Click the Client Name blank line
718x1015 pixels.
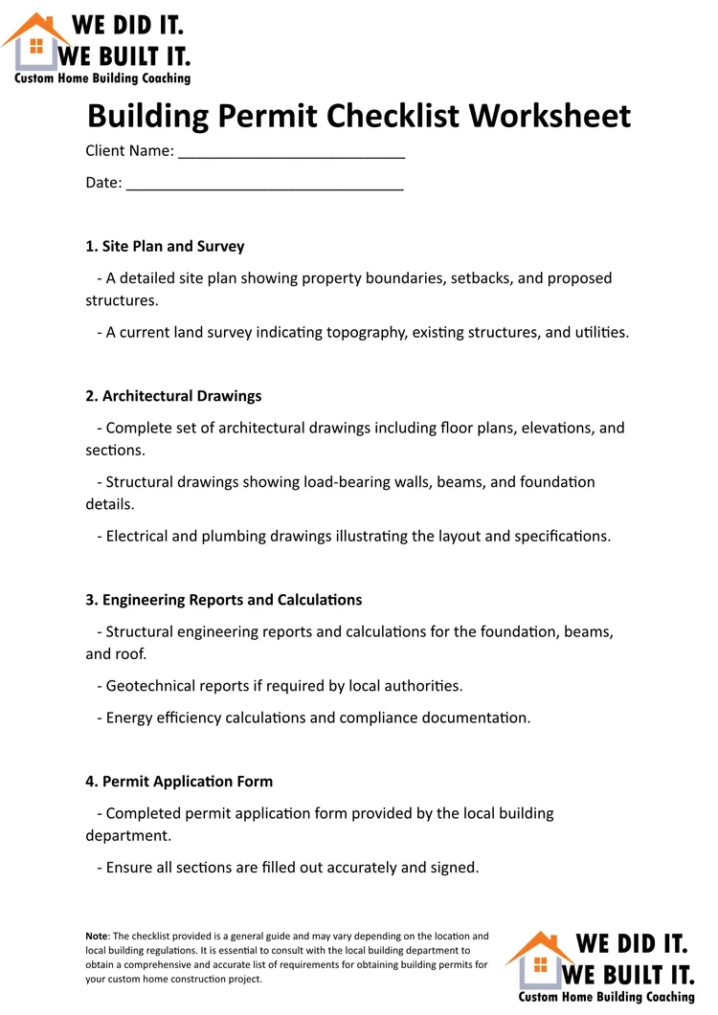[291, 153]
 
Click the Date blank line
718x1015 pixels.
[264, 185]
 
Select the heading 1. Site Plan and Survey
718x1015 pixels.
[165, 246]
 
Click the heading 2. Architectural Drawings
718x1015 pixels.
[173, 395]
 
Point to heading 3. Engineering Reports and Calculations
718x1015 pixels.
[223, 600]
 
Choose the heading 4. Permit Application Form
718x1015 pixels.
[179, 781]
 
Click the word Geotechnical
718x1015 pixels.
[151, 686]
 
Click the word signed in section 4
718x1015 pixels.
[452, 868]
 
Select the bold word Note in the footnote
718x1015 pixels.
[97, 937]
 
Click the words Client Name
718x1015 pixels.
[129, 150]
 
